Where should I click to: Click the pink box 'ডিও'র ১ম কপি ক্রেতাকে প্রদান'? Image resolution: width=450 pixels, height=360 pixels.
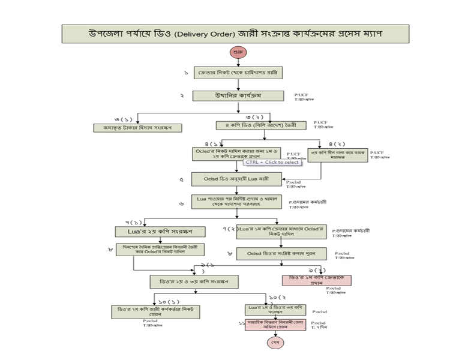click(316, 280)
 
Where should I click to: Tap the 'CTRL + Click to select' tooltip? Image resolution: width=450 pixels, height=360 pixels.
click(272, 162)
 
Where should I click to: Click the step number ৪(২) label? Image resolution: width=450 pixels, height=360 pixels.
click(337, 144)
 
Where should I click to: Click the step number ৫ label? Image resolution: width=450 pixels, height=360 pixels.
click(182, 179)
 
